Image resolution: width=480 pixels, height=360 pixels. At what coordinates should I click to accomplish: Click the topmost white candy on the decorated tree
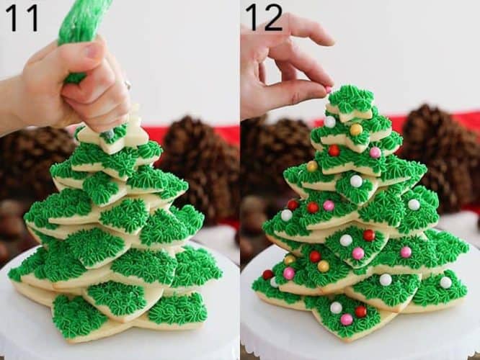pos(329,122)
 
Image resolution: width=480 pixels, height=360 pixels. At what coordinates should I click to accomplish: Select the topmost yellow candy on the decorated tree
pos(356,130)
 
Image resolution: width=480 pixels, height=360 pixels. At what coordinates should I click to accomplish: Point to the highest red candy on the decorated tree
pos(334,150)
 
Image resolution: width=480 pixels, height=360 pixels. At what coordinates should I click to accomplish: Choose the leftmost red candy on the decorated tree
pos(267,274)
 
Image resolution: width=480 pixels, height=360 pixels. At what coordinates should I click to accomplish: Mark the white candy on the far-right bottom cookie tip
pos(445,282)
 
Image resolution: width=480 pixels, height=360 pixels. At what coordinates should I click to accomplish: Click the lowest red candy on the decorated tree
pos(360,311)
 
